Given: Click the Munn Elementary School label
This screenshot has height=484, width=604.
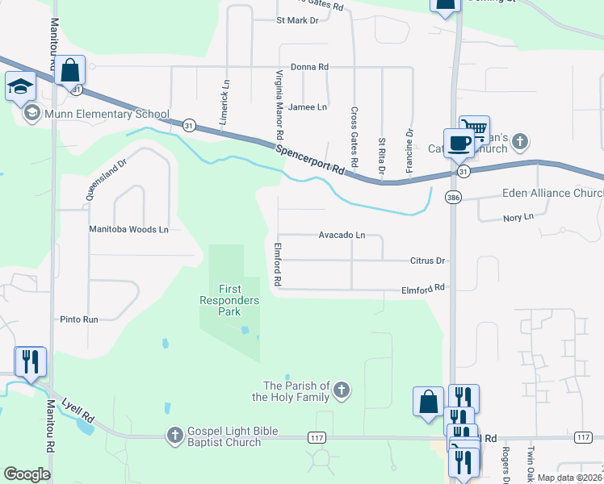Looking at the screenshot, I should pyautogui.click(x=106, y=114).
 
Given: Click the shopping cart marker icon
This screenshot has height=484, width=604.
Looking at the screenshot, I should pyautogui.click(x=475, y=129).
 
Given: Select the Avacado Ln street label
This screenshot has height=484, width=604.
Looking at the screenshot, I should pyautogui.click(x=342, y=236).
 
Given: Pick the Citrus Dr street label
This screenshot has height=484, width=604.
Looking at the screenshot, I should pyautogui.click(x=428, y=261).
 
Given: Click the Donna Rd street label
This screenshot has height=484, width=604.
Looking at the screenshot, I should pyautogui.click(x=309, y=67).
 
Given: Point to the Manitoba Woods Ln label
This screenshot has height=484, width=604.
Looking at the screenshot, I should pyautogui.click(x=128, y=229).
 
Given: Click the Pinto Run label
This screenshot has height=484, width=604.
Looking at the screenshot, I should pyautogui.click(x=78, y=319).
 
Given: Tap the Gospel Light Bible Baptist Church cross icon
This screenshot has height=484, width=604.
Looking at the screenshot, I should pyautogui.click(x=174, y=436).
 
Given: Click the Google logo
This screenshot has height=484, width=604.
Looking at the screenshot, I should pyautogui.click(x=27, y=474).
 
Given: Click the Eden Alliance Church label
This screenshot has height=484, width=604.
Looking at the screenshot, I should pyautogui.click(x=552, y=194).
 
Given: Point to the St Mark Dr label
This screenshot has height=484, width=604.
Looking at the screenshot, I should pyautogui.click(x=297, y=19).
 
